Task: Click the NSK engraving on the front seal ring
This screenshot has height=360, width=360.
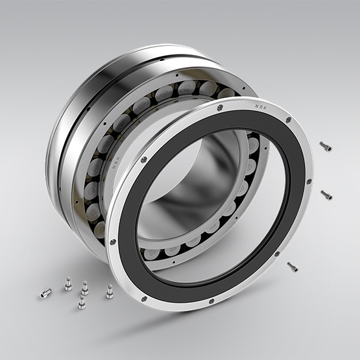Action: click(x=261, y=106)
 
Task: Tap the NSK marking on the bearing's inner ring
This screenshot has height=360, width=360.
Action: click(x=115, y=162)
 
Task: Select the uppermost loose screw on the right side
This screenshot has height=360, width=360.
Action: click(x=326, y=147)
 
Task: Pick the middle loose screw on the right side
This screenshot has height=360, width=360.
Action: click(x=326, y=195)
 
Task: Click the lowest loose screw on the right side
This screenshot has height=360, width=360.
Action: click(x=293, y=267)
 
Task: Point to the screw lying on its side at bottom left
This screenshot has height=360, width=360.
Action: click(x=45, y=293)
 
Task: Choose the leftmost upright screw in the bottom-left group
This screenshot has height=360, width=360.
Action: click(x=68, y=283)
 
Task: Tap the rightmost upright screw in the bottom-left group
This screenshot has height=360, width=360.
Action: click(x=109, y=292)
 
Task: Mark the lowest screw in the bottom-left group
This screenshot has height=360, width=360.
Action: click(x=82, y=302)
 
